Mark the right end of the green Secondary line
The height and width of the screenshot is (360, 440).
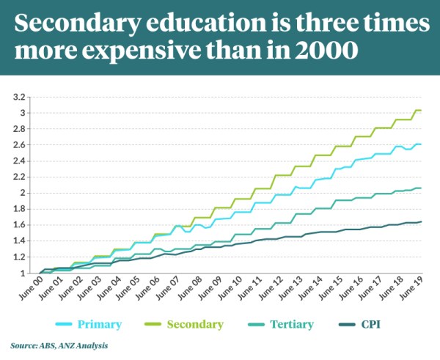click(x=421, y=111)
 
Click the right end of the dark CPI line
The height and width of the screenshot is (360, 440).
click(x=421, y=221)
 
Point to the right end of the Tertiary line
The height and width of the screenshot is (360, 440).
click(x=421, y=188)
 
